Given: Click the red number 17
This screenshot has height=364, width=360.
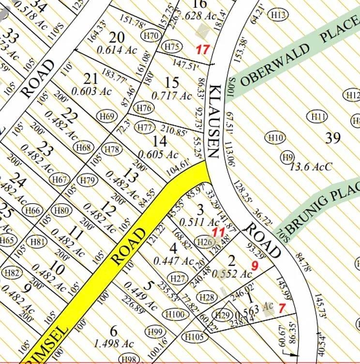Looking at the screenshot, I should point(202,49).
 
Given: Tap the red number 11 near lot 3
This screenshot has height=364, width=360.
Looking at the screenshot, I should point(219,232).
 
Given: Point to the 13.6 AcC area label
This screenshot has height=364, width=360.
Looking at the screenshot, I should point(311,167).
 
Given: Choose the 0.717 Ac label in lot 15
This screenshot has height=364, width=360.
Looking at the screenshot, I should point(172,96).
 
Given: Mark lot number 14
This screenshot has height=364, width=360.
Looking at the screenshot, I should point(160,141).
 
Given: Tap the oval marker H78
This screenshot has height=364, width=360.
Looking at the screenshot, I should point(113,149).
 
